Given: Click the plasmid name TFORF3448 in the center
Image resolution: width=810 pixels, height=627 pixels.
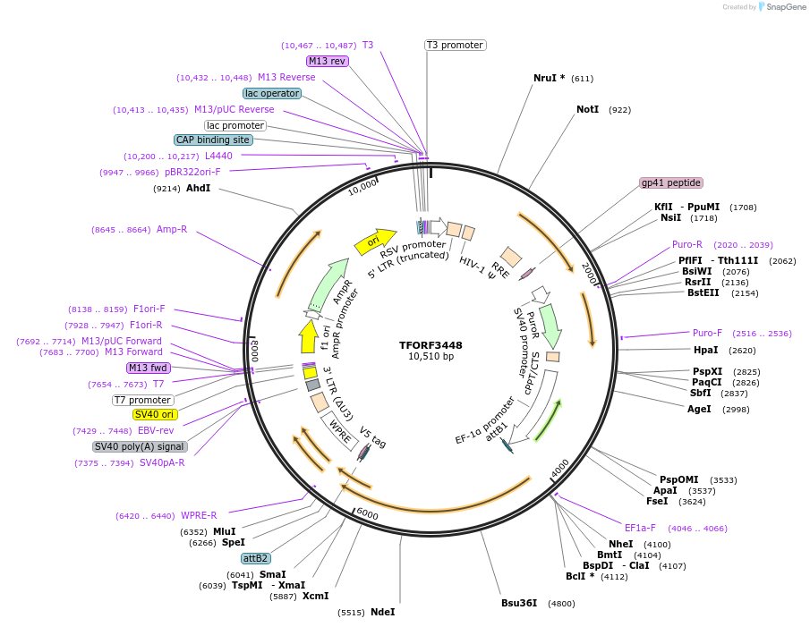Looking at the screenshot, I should point(431,344).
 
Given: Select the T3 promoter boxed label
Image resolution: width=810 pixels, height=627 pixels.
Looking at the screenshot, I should point(455,45).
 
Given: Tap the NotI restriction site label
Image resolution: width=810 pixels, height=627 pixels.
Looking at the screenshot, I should point(587,109).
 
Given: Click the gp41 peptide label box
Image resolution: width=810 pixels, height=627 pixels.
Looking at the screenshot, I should point(670,182).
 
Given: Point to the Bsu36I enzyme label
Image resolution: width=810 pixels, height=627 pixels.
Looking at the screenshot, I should point(519,603).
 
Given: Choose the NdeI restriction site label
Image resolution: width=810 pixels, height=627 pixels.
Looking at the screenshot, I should point(382,612).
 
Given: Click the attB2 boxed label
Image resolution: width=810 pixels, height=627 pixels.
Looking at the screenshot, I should point(255,558).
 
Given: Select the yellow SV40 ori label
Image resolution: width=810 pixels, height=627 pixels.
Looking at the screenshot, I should point(155,414).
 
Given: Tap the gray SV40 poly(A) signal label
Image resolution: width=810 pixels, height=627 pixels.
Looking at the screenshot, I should point(140,446).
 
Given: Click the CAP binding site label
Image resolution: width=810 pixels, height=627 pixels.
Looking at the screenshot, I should point(213,140).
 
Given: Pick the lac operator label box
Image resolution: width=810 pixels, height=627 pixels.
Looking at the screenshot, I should point(272,93).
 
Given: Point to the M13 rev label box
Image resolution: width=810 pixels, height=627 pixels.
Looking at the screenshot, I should point(327,61).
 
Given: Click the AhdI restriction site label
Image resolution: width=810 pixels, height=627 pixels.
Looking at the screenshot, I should point(198,188).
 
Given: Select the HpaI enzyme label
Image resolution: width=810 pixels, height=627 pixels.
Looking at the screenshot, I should point(705,350).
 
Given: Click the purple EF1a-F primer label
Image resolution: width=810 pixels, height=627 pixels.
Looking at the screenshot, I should point(640,528).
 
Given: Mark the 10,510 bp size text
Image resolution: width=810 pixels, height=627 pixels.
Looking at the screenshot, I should point(431,357).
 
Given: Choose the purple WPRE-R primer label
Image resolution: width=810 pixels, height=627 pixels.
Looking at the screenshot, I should point(199,515).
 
